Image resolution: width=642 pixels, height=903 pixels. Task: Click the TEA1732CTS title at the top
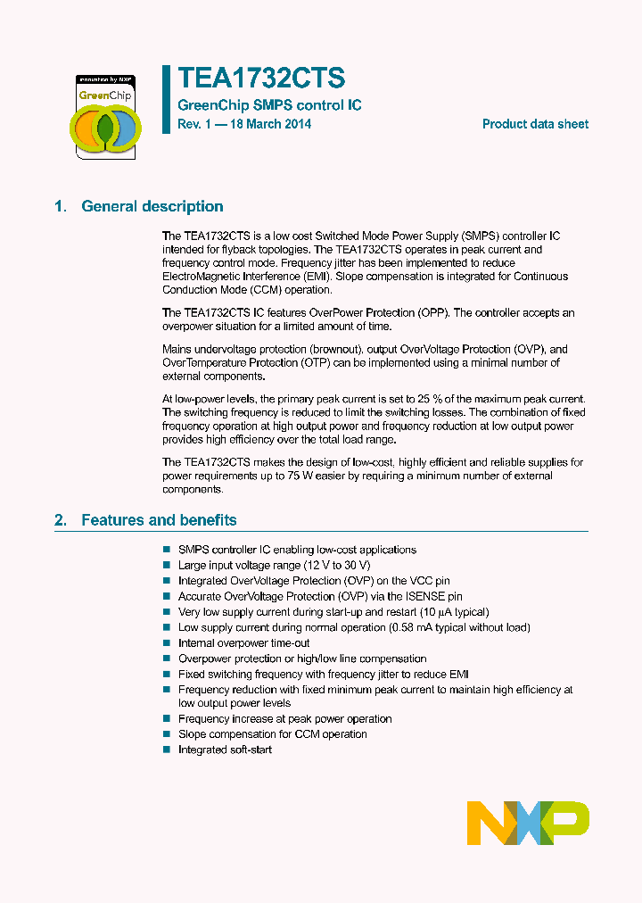[x=261, y=79]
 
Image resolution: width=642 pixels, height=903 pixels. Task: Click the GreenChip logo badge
[x=104, y=117]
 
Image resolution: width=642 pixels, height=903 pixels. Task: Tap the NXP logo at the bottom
[x=528, y=823]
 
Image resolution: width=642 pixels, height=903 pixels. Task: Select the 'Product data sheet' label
[x=535, y=124]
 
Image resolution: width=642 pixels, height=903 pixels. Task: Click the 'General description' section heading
[x=152, y=206]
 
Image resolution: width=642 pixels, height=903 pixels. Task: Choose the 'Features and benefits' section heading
[x=159, y=519]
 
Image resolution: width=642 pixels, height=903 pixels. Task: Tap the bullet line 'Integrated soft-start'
[x=225, y=750]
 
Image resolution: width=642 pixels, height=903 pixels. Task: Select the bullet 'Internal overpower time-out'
[x=243, y=642]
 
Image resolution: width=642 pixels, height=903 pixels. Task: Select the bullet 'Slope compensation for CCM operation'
[x=272, y=733]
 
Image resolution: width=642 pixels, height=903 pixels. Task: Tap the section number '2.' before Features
[x=60, y=519]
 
